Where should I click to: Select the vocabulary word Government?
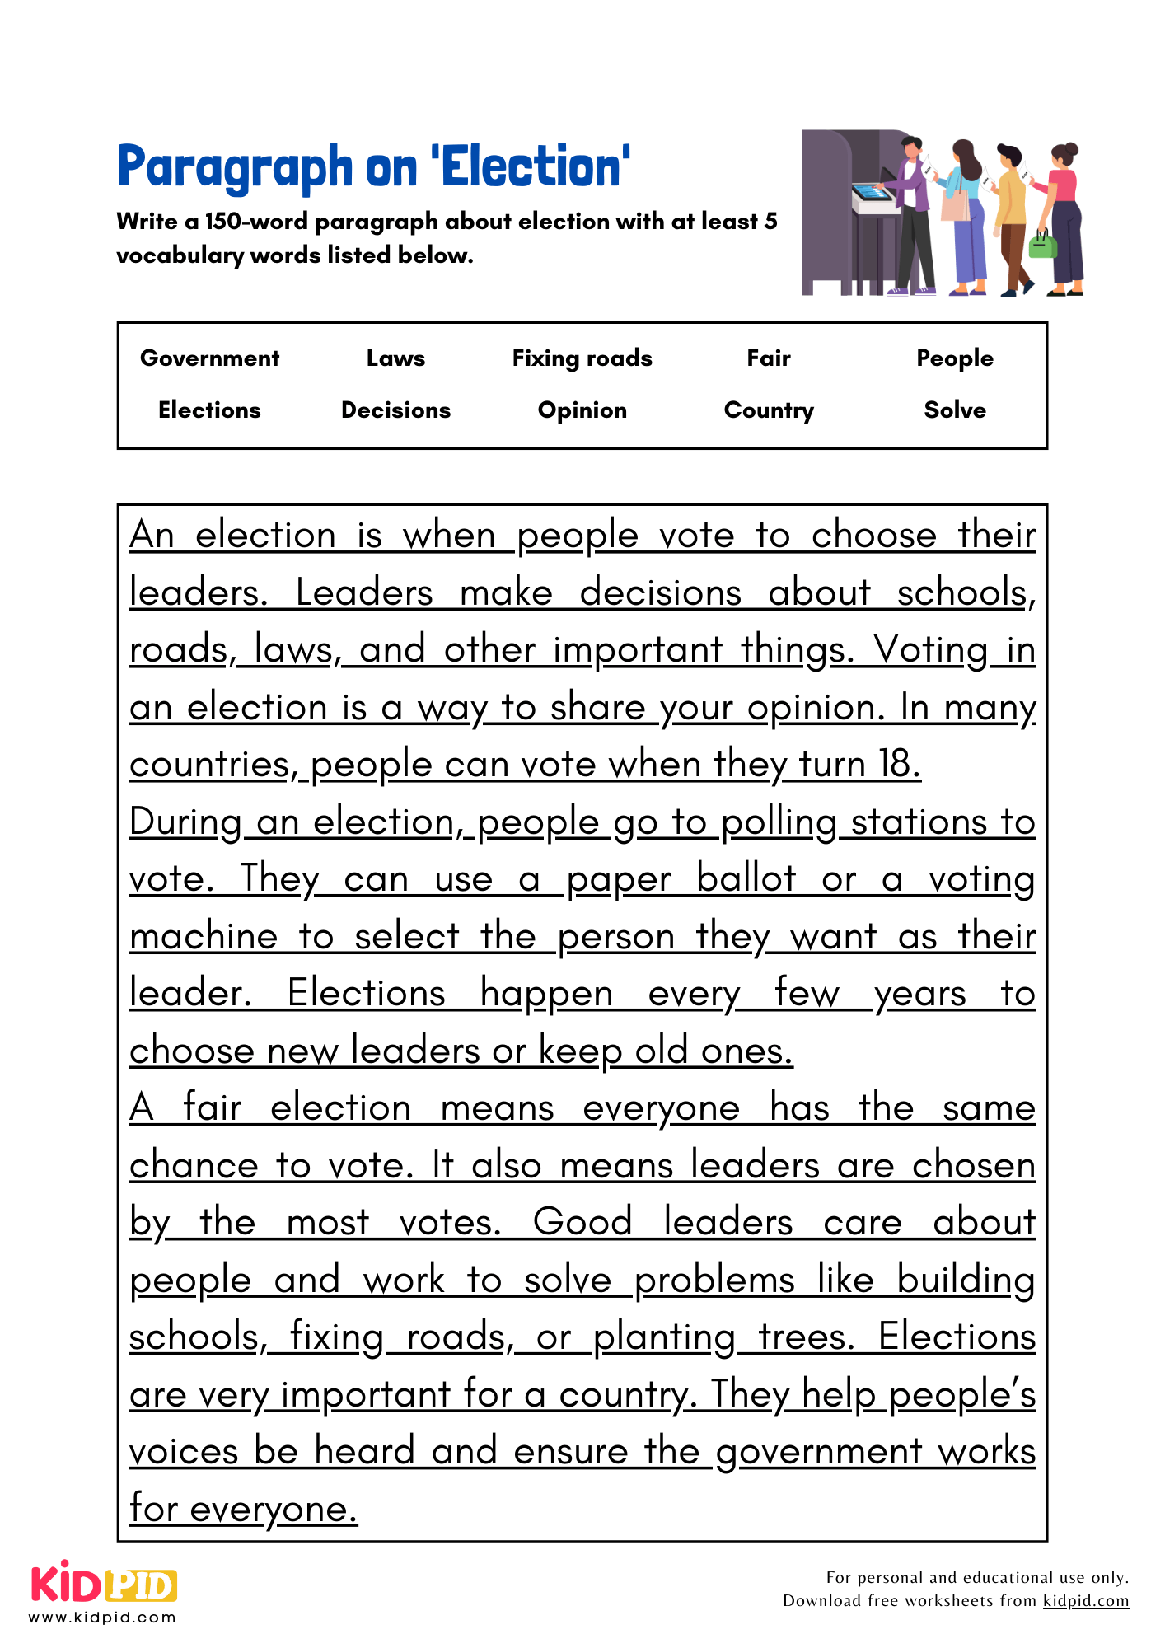pyautogui.click(x=209, y=358)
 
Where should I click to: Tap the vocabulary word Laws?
pyautogui.click(x=395, y=358)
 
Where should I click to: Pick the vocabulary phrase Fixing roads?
pyautogui.click(x=582, y=358)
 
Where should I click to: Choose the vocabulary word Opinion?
pyautogui.click(x=582, y=410)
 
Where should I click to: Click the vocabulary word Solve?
pyautogui.click(x=955, y=410)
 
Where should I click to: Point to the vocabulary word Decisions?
pyautogui.click(x=395, y=410)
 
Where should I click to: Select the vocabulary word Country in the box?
pyautogui.click(x=768, y=410)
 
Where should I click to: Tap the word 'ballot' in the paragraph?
pyautogui.click(x=746, y=878)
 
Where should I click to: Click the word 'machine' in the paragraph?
pyautogui.click(x=204, y=937)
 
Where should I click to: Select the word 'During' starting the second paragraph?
pyautogui.click(x=185, y=822)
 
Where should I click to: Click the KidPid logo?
pyautogui.click(x=104, y=1583)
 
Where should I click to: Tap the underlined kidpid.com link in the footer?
pyautogui.click(x=1085, y=1601)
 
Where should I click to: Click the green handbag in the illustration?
pyautogui.click(x=1042, y=245)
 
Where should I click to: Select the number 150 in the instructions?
pyautogui.click(x=222, y=222)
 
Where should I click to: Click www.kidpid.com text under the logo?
pyautogui.click(x=102, y=1618)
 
